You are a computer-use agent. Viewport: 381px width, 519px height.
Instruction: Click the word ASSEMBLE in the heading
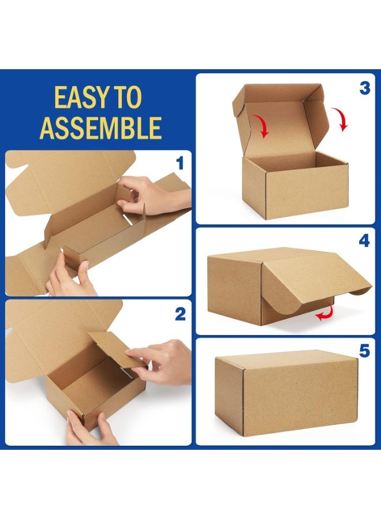point(100,128)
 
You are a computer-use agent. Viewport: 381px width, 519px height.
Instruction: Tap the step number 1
point(180,164)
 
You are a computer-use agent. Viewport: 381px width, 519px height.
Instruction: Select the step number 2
point(180,314)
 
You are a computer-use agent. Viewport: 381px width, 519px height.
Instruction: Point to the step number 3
point(364,88)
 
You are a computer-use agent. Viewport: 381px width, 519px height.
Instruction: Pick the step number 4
point(364,241)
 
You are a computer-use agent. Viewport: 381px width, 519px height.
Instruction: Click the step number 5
point(364,351)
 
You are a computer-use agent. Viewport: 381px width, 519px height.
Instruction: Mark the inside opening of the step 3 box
point(289,160)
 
